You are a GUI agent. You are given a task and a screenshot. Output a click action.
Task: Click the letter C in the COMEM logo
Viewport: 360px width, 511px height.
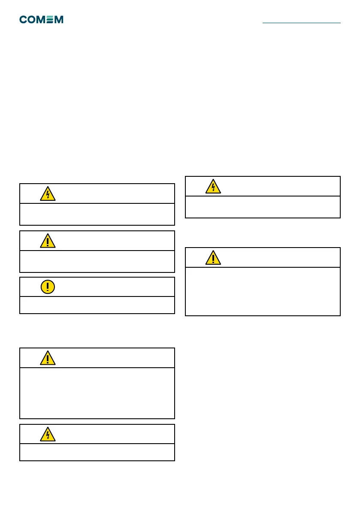[x=24, y=20]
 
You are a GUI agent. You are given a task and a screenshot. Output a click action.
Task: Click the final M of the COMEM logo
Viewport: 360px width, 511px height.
[x=59, y=20]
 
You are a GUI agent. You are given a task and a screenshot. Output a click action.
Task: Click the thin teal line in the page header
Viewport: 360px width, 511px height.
[x=301, y=22]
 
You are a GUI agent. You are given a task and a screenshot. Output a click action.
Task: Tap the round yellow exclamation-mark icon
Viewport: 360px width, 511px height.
[x=48, y=287]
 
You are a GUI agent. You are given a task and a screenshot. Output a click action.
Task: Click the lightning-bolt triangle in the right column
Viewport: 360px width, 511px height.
[x=213, y=186]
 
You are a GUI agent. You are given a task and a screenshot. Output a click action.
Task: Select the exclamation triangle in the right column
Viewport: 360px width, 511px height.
[x=213, y=257]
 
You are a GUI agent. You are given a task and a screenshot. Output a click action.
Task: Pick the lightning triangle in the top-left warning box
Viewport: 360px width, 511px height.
[x=48, y=194]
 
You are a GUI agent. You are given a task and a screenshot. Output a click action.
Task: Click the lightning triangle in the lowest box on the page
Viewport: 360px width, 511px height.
[x=48, y=434]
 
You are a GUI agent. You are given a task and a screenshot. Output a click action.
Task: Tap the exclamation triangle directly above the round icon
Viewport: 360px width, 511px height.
[x=48, y=241]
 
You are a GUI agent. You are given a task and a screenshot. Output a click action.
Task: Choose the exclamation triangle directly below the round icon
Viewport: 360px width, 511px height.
[x=48, y=358]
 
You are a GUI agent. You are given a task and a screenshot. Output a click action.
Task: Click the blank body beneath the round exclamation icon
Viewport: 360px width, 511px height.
[x=97, y=305]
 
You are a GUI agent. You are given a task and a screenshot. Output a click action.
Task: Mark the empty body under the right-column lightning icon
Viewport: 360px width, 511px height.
[x=263, y=207]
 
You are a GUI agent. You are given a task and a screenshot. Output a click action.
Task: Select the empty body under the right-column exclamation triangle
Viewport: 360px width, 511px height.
[x=263, y=291]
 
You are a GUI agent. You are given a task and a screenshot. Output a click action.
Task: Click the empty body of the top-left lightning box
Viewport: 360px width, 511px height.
[x=97, y=214]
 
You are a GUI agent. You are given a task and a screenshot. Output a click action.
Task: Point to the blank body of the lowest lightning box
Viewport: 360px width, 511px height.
[x=97, y=452]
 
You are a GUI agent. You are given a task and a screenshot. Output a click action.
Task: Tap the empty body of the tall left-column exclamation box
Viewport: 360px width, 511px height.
[x=97, y=393]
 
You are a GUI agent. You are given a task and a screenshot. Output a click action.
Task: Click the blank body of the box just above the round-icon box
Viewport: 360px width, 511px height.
[x=97, y=261]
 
